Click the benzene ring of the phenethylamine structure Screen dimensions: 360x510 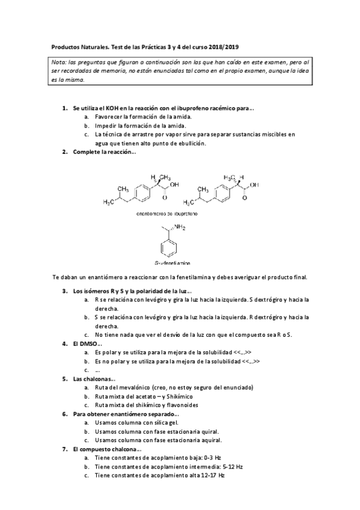click(x=167, y=247)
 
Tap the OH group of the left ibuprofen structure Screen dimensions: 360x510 click(x=174, y=186)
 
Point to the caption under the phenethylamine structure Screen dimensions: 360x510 click(x=168, y=263)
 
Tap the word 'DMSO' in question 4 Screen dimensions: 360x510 click(x=88, y=343)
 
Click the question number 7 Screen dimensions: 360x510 click(x=65, y=449)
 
